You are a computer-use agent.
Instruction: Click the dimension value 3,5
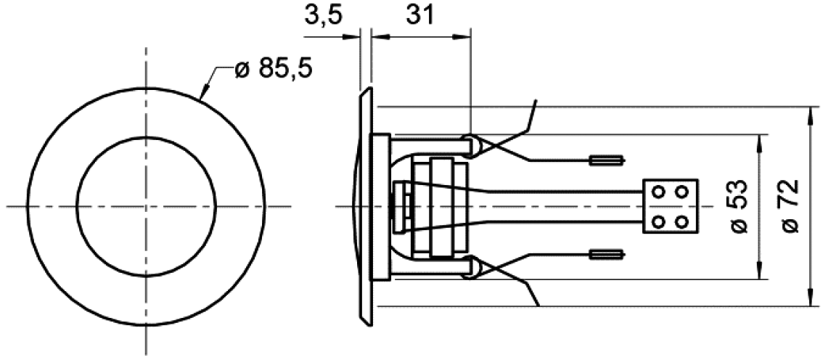(322, 15)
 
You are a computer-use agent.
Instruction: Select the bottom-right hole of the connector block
(681, 221)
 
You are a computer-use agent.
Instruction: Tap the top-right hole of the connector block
(681, 192)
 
